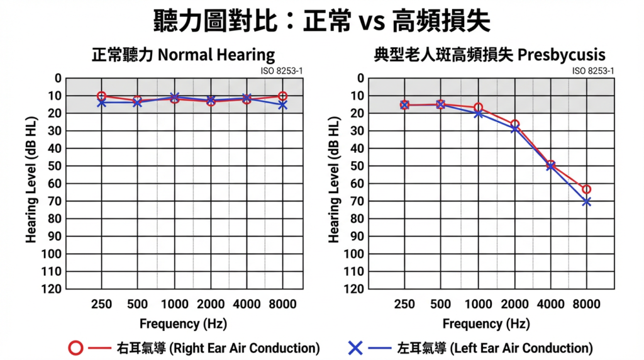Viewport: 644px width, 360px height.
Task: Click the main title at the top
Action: tap(322, 21)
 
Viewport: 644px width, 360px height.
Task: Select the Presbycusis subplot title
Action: tap(489, 55)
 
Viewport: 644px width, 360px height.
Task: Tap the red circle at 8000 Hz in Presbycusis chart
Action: tap(586, 189)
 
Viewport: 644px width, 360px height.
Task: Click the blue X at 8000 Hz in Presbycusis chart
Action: tap(586, 201)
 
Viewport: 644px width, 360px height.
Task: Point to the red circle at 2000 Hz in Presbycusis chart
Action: tap(514, 125)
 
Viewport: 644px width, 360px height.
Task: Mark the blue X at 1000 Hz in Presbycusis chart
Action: tap(479, 113)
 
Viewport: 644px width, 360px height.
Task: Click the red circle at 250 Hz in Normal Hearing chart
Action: tap(101, 96)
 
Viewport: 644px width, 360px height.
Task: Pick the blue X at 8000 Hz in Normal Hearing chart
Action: tap(283, 105)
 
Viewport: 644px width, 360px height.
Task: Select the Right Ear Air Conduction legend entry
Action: tap(194, 348)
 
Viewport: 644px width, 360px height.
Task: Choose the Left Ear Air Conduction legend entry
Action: tap(470, 348)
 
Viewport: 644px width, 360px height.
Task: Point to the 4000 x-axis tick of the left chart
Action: tap(247, 305)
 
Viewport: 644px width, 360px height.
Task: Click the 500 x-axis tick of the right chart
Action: tap(440, 305)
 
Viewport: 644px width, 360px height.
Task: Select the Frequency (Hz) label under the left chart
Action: tap(183, 324)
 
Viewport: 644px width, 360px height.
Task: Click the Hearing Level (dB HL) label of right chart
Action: tap(334, 183)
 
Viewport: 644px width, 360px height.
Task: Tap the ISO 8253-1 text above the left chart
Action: tap(281, 71)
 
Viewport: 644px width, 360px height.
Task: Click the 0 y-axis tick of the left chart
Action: tap(58, 78)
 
